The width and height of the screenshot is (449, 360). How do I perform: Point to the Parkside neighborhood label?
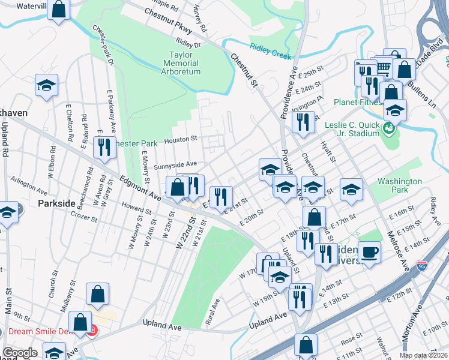tap(56, 203)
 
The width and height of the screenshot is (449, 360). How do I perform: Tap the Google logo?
tap(20, 353)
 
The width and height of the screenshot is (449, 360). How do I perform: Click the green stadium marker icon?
tap(389, 127)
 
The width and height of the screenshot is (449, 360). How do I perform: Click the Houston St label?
tap(185, 139)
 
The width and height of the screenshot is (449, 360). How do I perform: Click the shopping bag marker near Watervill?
tap(59, 10)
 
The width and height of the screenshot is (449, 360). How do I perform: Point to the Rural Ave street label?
tap(212, 312)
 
